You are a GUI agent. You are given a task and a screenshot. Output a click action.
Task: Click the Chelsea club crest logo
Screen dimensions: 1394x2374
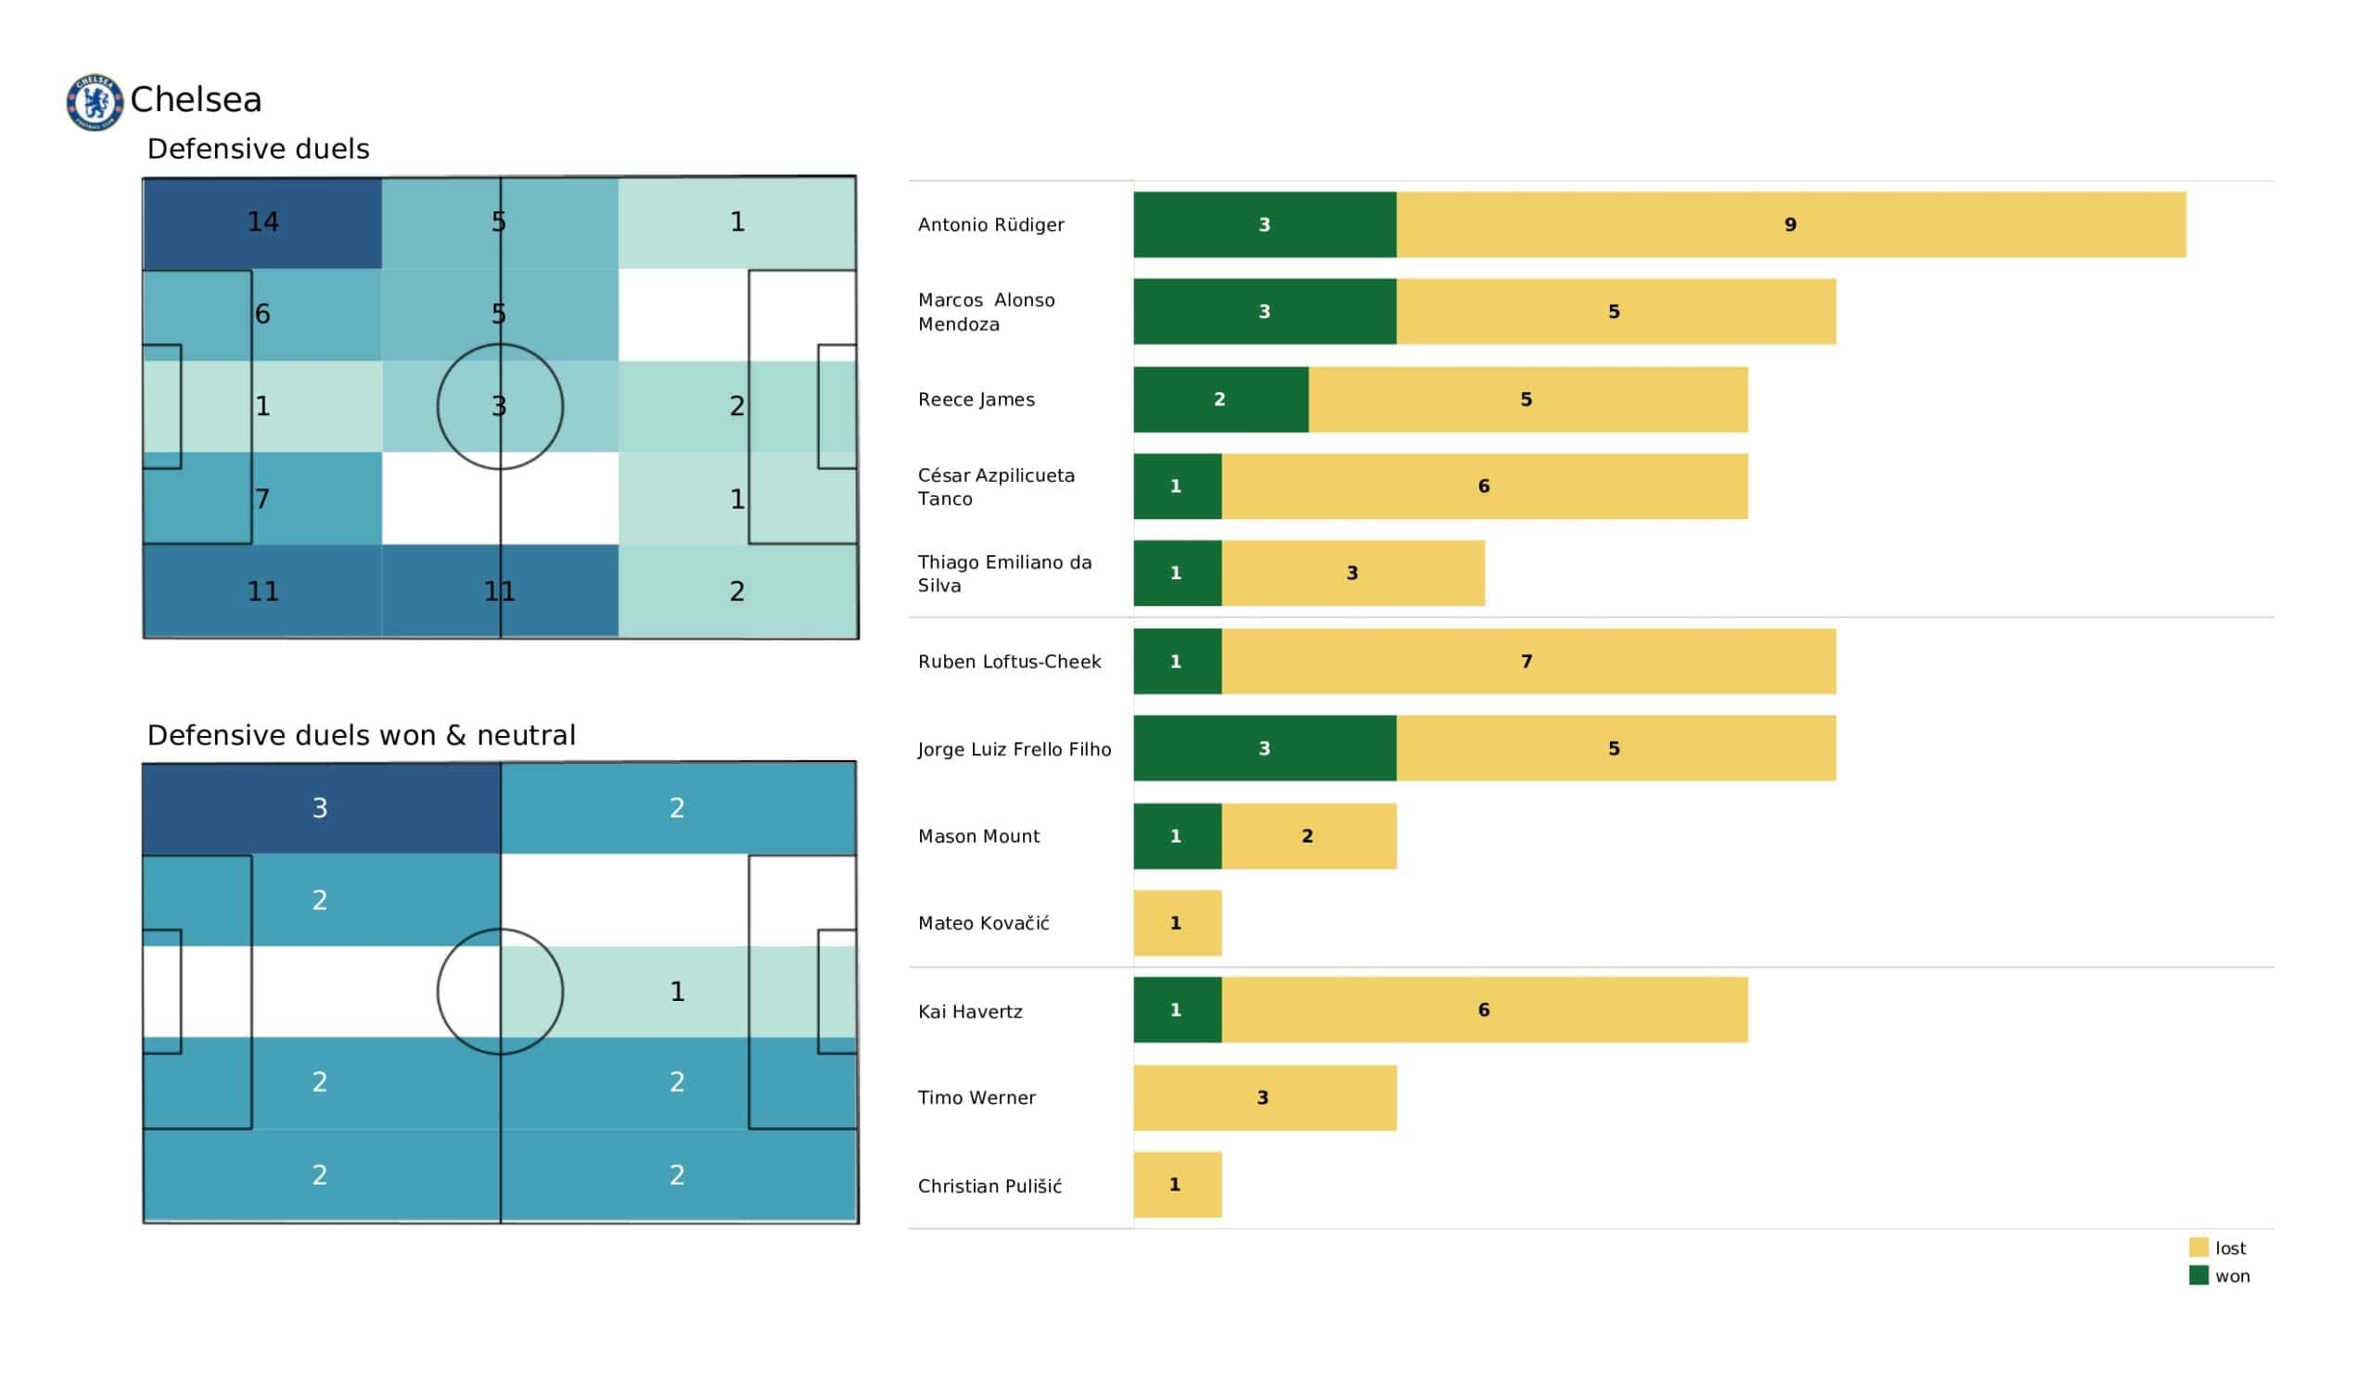coord(95,102)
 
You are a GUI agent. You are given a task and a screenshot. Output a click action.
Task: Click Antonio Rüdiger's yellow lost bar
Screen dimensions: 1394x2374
coord(1790,224)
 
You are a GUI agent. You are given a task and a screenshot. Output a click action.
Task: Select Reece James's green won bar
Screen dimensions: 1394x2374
coord(1220,399)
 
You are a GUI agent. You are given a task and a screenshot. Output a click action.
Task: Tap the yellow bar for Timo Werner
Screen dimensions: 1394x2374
coord(1264,1097)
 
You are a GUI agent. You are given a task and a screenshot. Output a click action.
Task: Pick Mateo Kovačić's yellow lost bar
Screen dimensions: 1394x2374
coord(1177,923)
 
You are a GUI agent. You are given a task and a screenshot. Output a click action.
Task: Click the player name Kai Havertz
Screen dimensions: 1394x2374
coord(969,1011)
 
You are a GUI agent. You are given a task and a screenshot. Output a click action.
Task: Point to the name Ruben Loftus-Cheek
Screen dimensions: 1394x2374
coord(1009,661)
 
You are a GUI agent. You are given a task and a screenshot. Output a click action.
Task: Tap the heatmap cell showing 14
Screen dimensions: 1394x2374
coord(262,222)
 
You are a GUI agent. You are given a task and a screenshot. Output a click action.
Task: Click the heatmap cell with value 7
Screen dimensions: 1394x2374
coord(262,499)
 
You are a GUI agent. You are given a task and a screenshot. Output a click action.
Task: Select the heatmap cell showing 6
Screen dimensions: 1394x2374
coord(262,313)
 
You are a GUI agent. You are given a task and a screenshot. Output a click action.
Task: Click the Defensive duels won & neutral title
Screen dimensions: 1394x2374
coord(361,735)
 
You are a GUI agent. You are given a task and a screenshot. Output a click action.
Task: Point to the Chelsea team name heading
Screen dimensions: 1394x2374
coord(196,100)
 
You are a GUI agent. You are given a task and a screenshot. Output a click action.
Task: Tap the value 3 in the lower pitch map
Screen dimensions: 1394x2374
coord(320,808)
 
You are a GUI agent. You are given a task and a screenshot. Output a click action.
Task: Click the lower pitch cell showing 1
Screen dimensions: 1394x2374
coord(677,991)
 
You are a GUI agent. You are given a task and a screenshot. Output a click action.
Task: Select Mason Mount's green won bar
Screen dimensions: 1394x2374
coord(1177,836)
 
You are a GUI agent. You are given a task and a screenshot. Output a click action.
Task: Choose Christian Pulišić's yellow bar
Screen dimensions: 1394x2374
coord(1177,1185)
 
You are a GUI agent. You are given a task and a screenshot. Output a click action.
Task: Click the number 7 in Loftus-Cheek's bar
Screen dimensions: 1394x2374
coord(1526,661)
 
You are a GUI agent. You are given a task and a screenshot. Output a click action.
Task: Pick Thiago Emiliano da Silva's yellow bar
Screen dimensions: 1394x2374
coord(1352,573)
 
